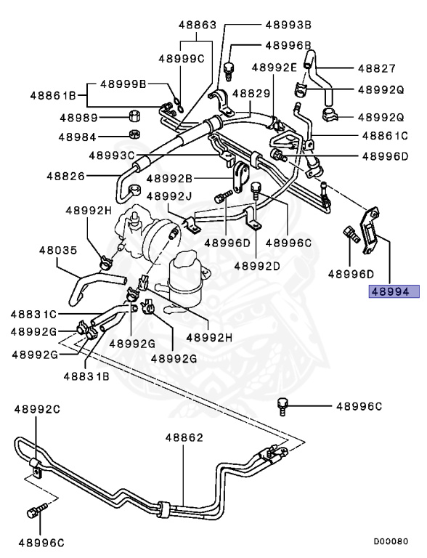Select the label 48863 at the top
coord(198,24)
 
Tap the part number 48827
coord(376,69)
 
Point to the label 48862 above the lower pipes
coord(183,437)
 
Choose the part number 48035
coord(57,250)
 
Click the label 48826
coord(65,176)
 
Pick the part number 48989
coord(78,117)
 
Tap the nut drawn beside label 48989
coord(134,117)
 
